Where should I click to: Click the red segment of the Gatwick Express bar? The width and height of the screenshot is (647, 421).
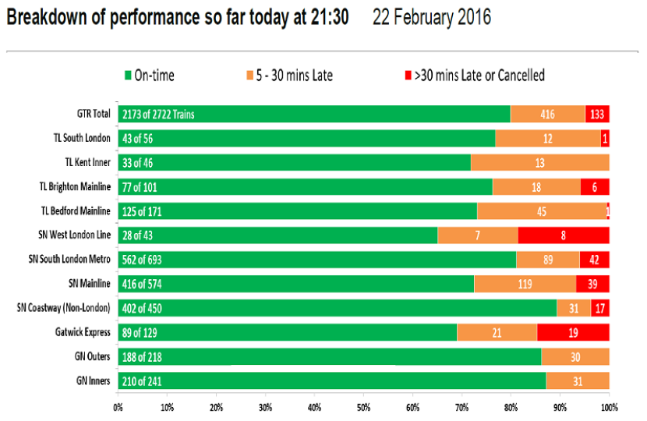[573, 332]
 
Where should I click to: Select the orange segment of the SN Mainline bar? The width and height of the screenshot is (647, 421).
[525, 284]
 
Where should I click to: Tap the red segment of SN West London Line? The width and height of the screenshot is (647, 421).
[564, 235]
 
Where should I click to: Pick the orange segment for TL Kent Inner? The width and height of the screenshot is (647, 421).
[540, 163]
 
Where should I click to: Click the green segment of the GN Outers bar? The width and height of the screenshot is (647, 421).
[330, 356]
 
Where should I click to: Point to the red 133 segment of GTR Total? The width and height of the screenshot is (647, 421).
[597, 114]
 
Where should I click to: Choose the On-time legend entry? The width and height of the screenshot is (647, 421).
[150, 76]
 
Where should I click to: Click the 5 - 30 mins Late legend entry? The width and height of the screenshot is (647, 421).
[290, 76]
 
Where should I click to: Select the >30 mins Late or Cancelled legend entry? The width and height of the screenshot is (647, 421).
[475, 76]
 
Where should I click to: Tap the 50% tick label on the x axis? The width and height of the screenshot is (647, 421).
[363, 408]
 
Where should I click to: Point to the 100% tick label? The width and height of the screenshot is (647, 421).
[610, 408]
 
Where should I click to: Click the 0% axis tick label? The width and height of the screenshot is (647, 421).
[118, 408]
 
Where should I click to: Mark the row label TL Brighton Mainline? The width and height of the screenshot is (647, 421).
[75, 186]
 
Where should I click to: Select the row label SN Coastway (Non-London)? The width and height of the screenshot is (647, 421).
[64, 308]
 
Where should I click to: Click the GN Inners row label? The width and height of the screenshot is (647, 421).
[94, 380]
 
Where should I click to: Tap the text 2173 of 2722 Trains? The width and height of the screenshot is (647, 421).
[158, 115]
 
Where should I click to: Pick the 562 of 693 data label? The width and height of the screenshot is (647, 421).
[142, 260]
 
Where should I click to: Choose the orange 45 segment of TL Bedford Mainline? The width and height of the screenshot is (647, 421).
[542, 211]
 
